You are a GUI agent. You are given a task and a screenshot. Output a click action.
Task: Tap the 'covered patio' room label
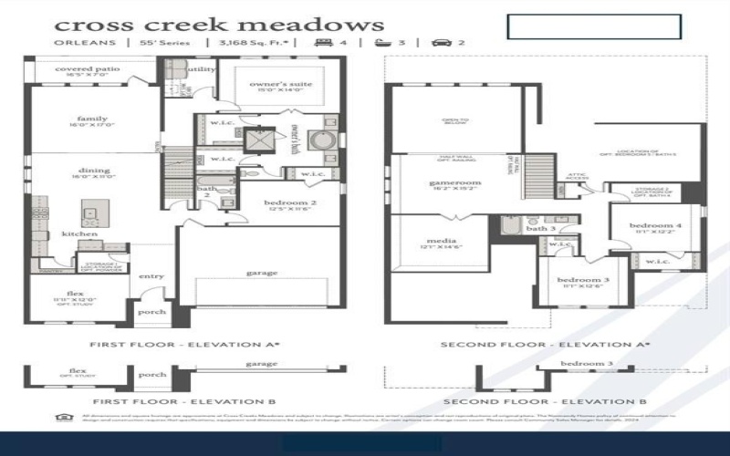88,69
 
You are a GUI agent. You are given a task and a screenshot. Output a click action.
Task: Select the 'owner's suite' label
282,85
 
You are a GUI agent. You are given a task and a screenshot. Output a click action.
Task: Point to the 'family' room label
93,119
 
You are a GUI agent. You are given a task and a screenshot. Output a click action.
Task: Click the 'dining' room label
94,171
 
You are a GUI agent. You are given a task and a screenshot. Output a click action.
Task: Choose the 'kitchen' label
79,234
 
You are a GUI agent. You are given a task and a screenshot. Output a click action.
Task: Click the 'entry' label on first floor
151,276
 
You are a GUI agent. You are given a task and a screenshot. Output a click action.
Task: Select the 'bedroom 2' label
289,202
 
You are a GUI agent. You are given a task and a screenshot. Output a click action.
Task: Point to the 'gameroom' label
454,182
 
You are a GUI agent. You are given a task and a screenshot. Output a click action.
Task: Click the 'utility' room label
202,69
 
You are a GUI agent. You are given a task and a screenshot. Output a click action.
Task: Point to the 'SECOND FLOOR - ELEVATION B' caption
544,401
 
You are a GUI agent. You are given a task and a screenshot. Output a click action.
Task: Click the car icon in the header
441,43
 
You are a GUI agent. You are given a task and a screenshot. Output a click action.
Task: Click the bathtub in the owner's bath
321,142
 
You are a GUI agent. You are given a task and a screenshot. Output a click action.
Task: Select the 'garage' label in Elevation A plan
261,272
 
